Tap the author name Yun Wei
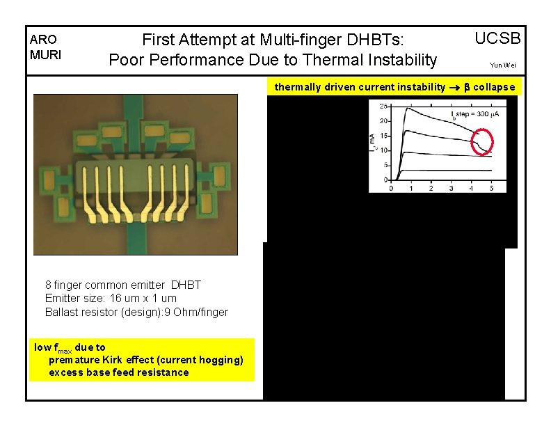pos(503,65)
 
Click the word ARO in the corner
pos(42,40)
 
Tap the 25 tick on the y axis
pos(383,106)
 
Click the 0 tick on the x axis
pos(390,188)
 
